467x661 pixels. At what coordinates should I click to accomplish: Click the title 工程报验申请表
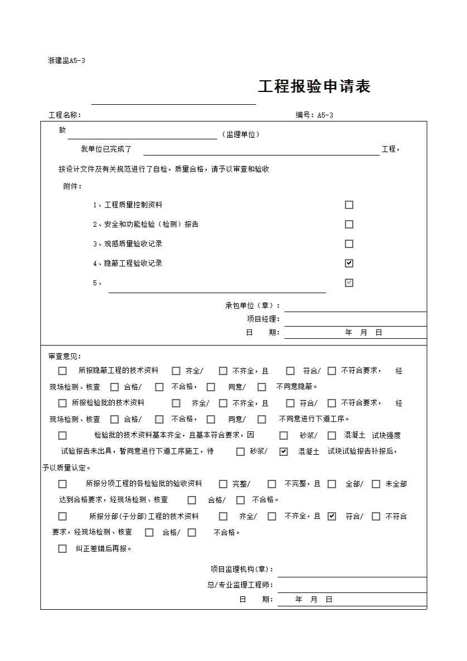[314, 87]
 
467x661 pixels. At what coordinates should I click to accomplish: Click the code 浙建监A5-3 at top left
[66, 60]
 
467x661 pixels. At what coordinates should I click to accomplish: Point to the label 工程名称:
[65, 115]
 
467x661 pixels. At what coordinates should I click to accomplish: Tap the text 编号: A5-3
[314, 115]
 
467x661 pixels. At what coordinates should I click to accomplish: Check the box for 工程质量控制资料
[349, 205]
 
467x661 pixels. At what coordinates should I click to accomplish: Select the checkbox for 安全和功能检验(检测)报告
[349, 225]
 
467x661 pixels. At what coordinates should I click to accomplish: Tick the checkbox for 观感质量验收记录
[349, 244]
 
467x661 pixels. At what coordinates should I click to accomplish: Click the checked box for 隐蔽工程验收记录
[349, 263]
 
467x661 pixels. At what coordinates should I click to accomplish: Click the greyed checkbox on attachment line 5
[349, 283]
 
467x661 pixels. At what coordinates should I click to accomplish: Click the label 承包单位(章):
[253, 305]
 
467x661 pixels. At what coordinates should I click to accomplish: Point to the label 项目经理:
[264, 319]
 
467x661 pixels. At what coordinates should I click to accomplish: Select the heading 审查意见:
[65, 356]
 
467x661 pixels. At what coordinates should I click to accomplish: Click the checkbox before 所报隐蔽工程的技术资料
[62, 371]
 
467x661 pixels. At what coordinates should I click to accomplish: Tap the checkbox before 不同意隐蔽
[262, 387]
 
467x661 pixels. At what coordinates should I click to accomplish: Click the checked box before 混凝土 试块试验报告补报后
[284, 451]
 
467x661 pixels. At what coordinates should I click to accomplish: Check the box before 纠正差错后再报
[62, 548]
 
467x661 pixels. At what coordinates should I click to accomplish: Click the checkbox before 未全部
[376, 484]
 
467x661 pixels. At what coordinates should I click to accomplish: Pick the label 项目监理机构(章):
[242, 569]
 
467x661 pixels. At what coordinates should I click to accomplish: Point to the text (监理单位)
[241, 134]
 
